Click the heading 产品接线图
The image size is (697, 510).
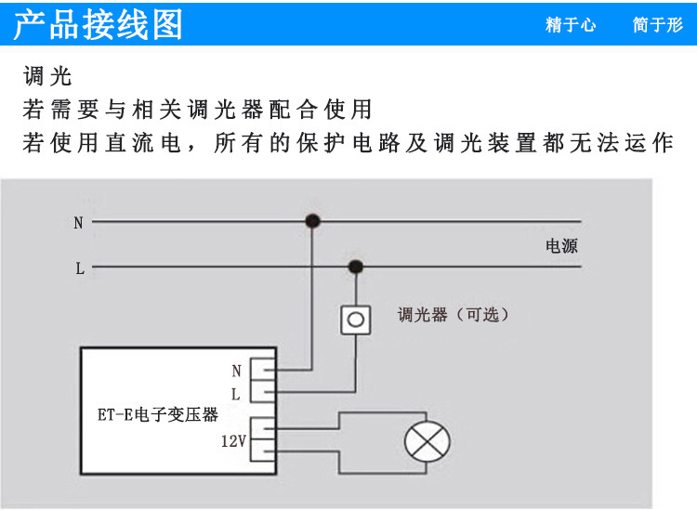point(99,24)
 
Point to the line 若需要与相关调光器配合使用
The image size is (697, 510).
point(197,110)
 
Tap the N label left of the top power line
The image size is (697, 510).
point(78,223)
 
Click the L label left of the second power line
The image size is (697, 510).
point(80,269)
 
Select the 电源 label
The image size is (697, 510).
point(561,246)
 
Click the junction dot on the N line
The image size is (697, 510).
point(313,222)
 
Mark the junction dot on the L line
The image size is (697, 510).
point(355,268)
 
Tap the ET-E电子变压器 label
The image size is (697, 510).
point(158,415)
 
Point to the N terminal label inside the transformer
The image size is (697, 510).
point(236,371)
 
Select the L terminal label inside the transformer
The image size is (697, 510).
point(236,394)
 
